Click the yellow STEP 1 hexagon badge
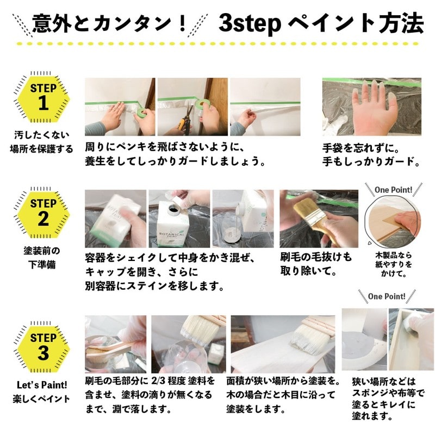point(43,97)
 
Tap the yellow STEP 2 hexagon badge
point(43,213)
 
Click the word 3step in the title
point(249,23)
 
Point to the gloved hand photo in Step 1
point(371,107)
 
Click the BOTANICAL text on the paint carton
point(177,224)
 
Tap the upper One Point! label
point(393,190)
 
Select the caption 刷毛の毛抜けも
point(316,256)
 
